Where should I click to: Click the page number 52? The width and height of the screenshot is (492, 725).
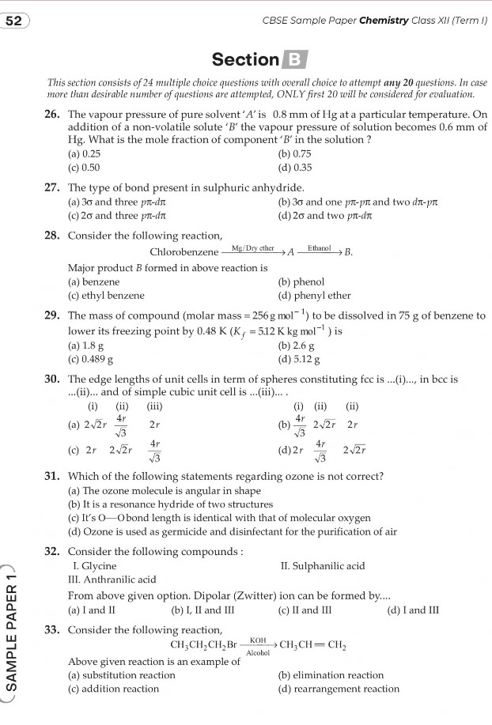[13, 21]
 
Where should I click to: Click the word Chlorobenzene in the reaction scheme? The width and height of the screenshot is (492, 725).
[184, 252]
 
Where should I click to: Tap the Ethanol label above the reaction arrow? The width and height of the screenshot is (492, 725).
[319, 247]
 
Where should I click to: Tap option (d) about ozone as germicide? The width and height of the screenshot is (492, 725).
[233, 532]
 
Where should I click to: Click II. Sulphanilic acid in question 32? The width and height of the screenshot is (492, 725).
[323, 566]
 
